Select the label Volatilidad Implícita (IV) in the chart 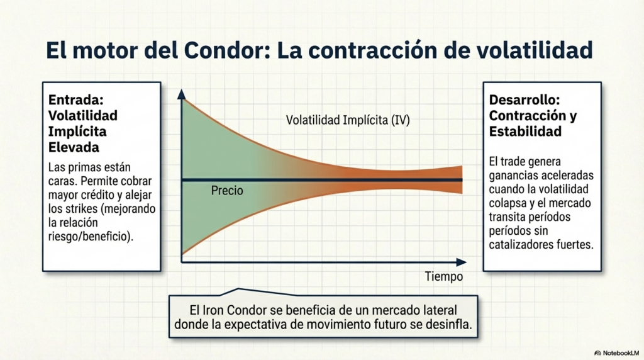(348, 120)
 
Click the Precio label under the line (227, 191)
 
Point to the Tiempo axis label (443, 276)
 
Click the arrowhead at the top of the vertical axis (182, 94)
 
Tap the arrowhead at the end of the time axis (461, 262)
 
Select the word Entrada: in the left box (76, 100)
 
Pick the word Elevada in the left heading (74, 147)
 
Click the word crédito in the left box (108, 195)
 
